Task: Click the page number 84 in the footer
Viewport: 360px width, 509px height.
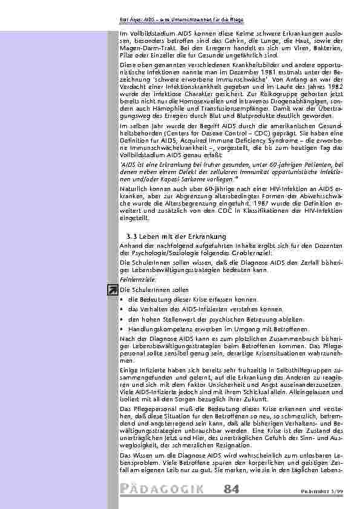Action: point(231,488)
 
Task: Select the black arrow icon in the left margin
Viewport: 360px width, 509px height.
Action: point(113,291)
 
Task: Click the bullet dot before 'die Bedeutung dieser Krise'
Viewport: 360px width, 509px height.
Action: point(122,300)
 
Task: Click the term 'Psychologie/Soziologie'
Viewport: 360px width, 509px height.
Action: point(158,254)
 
